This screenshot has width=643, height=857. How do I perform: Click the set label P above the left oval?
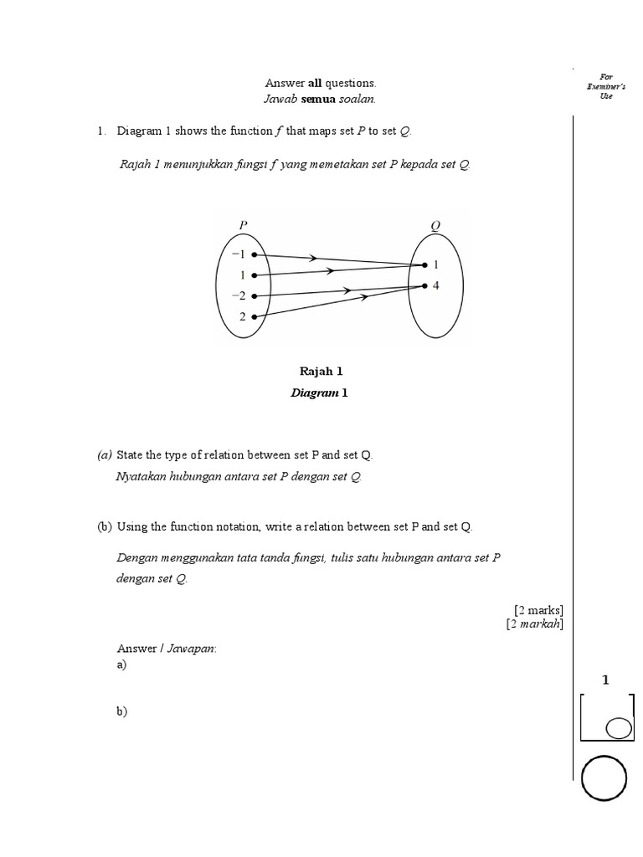coord(243,225)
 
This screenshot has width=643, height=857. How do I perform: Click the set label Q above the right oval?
coord(435,225)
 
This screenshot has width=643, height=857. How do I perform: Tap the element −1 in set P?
coord(238,254)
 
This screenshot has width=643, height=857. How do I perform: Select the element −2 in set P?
coord(238,295)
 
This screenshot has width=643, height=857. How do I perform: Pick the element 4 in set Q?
coord(436,285)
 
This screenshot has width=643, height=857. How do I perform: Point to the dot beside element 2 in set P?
coord(254,316)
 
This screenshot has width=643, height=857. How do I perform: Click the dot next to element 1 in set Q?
coord(424,265)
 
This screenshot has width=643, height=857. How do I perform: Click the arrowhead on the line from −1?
coord(313,259)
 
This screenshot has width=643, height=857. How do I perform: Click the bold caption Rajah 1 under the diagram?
coord(321,371)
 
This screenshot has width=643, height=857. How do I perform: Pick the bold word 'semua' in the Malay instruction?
coord(319,100)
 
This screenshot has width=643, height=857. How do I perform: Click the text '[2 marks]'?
coord(539,609)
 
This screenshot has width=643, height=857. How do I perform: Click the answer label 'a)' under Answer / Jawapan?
coord(122,665)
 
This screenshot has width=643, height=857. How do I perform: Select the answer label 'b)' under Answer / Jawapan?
coord(122,711)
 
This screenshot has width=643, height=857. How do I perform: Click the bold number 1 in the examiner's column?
coord(605,680)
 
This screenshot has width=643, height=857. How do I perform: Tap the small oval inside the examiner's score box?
coord(618,728)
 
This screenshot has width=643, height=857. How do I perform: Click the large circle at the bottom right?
coord(603,778)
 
